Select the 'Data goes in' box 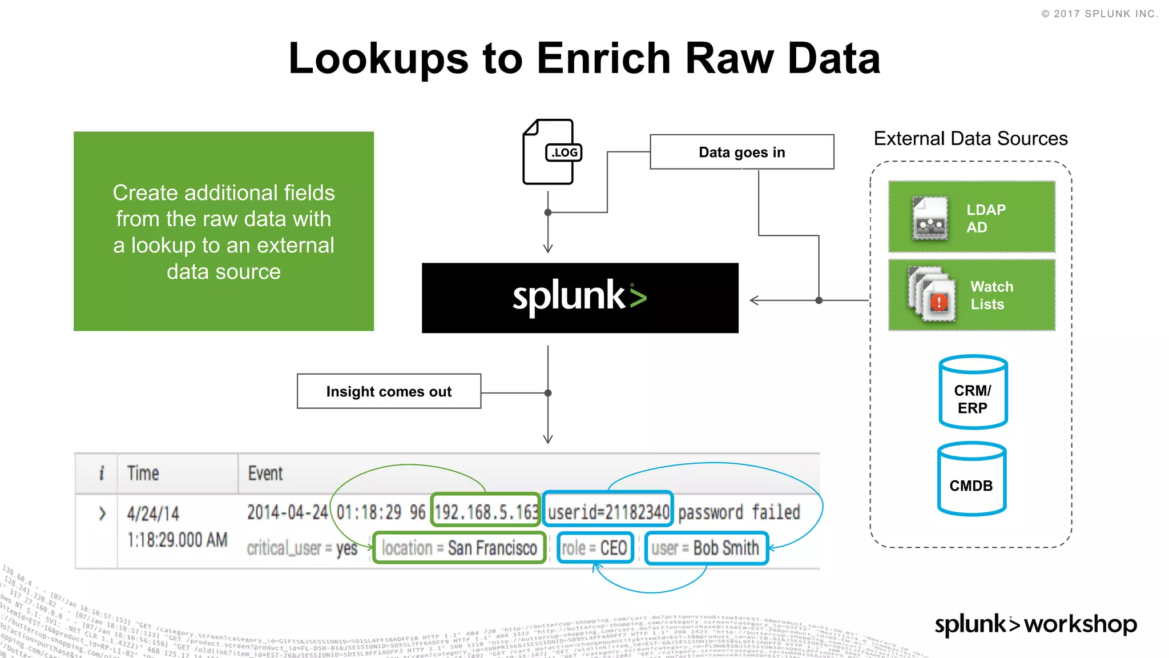741,152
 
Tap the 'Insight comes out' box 389,392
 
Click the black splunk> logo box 579,298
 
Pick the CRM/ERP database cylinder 973,392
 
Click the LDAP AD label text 985,218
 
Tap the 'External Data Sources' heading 970,139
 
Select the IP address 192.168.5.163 486,512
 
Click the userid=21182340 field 608,512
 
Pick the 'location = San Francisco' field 459,548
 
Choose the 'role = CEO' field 595,548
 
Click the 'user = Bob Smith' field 706,548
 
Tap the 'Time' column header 143,474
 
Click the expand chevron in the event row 102,513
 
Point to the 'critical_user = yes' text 301,548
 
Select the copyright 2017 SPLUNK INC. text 1099,14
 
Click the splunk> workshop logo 1035,624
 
